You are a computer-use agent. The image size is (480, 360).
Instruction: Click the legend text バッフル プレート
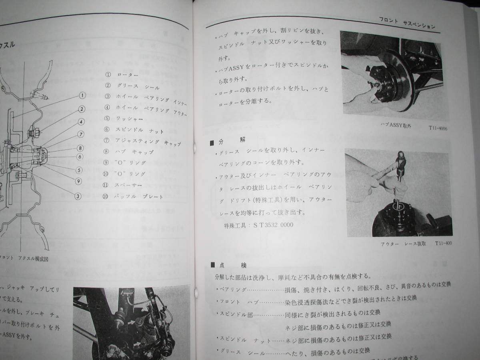(140, 196)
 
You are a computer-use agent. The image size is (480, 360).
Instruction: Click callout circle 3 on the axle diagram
(78, 196)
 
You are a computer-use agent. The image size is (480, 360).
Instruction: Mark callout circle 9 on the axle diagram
(79, 181)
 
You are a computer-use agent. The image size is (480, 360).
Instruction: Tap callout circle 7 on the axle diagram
(80, 134)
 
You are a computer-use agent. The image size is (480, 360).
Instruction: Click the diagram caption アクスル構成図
(30, 259)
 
